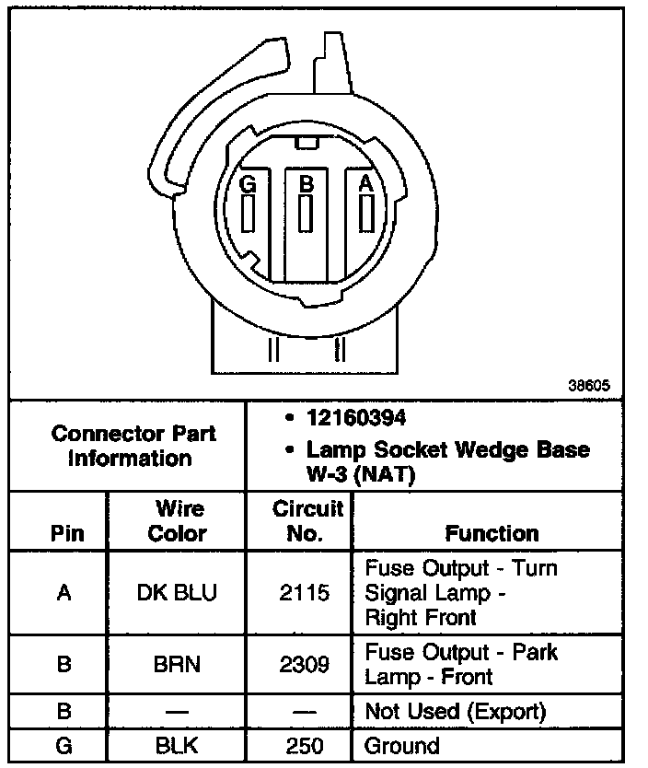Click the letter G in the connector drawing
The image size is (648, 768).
247,184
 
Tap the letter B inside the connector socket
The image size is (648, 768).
307,184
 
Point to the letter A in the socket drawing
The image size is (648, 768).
366,184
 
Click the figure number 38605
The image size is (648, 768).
588,387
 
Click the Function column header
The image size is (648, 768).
492,533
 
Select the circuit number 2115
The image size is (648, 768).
304,592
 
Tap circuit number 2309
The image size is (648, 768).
304,663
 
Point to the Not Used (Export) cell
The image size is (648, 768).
455,711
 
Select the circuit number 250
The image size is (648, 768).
304,745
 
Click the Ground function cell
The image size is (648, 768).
402,745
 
